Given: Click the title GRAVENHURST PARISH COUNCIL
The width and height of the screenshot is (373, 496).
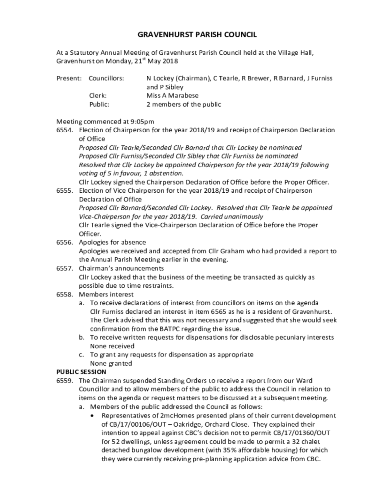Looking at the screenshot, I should [x=186, y=35].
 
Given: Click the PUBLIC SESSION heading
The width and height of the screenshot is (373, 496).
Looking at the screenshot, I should [x=81, y=372].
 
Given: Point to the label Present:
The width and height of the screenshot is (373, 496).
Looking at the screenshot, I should [x=68, y=78].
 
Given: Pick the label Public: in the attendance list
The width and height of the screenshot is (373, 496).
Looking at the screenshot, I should [x=99, y=104].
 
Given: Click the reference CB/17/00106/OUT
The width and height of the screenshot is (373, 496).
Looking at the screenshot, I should [x=139, y=424].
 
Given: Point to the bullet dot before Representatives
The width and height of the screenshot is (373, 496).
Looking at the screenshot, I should [x=93, y=416].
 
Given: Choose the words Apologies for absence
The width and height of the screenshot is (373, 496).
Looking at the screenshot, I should [x=112, y=242].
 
